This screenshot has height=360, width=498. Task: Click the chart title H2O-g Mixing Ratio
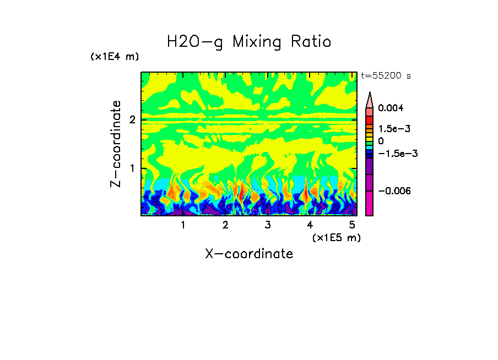pyautogui.click(x=249, y=42)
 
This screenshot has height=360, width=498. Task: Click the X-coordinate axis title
pyautogui.click(x=249, y=254)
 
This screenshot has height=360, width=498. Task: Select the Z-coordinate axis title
pyautogui.click(x=116, y=144)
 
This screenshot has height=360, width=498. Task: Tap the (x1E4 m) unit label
pyautogui.click(x=115, y=57)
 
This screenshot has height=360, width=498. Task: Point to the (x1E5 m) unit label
pyautogui.click(x=336, y=237)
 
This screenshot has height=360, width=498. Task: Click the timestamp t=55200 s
pyautogui.click(x=386, y=76)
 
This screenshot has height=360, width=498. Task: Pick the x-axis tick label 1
pyautogui.click(x=183, y=225)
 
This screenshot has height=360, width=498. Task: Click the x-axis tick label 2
pyautogui.click(x=225, y=225)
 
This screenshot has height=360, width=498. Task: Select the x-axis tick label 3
pyautogui.click(x=267, y=225)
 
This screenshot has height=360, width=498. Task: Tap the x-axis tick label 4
pyautogui.click(x=310, y=225)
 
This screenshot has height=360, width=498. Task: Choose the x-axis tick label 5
pyautogui.click(x=351, y=225)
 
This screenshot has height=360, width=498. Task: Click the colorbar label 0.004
pyautogui.click(x=391, y=108)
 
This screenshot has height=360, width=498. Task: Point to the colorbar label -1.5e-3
pyautogui.click(x=394, y=154)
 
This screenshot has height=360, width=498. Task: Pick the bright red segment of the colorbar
pyautogui.click(x=370, y=120)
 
